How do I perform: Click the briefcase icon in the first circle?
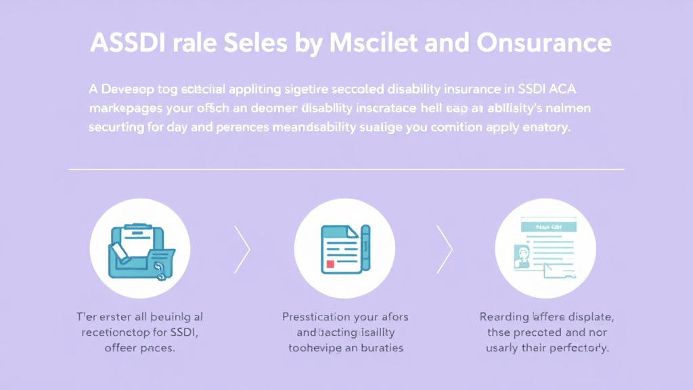pyautogui.click(x=139, y=249)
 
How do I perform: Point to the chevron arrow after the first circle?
pyautogui.click(x=242, y=249)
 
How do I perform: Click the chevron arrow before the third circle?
pyautogui.click(x=444, y=249)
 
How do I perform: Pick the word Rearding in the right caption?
pyautogui.click(x=504, y=316)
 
